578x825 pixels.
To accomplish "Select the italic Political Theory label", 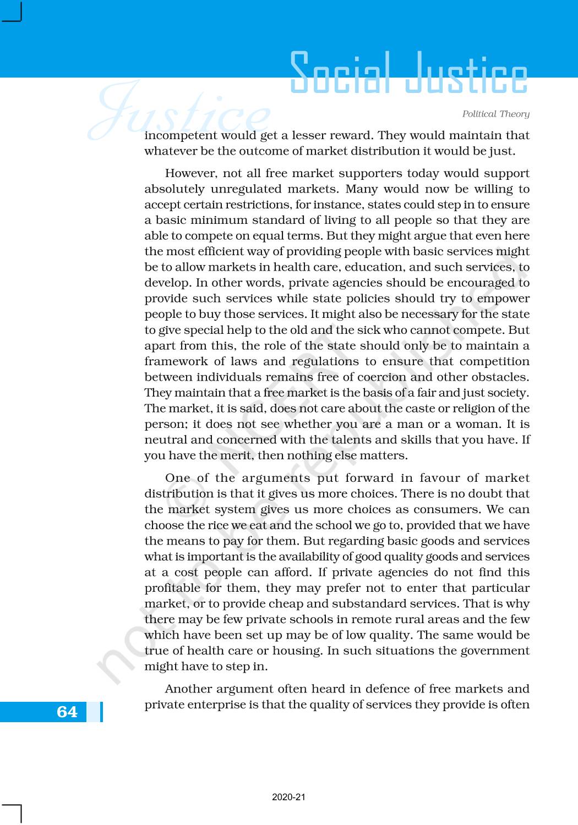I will [x=495, y=114].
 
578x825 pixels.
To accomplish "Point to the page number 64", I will [x=67, y=712].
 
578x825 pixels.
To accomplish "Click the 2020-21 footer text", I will [x=288, y=797].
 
